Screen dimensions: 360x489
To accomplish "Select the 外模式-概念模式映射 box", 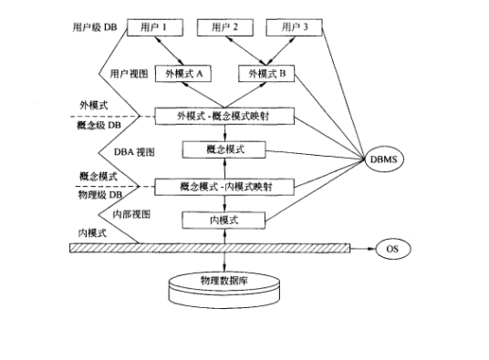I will tap(224, 116).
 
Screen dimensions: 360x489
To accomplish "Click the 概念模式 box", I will tap(224, 148).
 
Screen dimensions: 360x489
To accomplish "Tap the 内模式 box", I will tap(224, 219).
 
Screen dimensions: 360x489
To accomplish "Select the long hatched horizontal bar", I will tap(210, 247).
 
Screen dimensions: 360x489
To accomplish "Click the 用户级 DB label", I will tap(94, 27).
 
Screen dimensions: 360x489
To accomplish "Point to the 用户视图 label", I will tap(129, 73).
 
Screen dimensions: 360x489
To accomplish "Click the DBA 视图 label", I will tap(132, 153).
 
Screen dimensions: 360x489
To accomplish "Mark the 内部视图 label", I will tap(130, 212).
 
